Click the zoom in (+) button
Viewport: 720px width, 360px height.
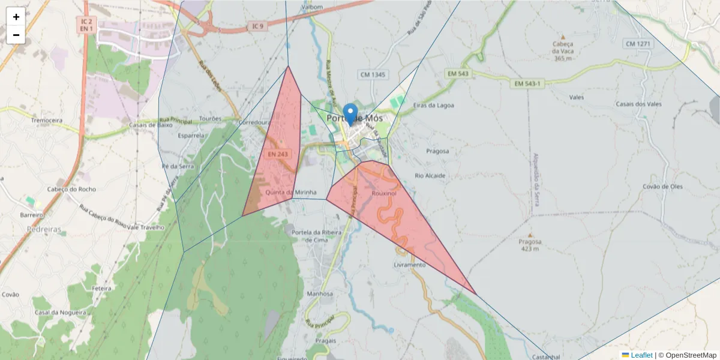[16, 17]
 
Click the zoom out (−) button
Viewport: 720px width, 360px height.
[16, 35]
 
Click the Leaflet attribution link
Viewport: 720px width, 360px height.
[640, 355]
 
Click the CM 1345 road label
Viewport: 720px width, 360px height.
[373, 74]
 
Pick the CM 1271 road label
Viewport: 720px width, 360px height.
[638, 44]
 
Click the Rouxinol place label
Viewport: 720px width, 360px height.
[385, 194]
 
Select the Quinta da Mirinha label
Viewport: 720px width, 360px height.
[290, 193]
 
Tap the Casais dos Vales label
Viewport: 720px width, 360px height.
[638, 104]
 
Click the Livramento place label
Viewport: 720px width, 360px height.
[409, 265]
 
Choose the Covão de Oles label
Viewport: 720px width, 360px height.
[662, 187]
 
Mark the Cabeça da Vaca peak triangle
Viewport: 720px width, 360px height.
[563, 37]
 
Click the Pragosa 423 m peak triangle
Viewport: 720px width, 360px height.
[530, 235]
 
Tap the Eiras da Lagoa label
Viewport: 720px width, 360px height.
[433, 105]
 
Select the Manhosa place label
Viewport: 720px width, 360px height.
[319, 294]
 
